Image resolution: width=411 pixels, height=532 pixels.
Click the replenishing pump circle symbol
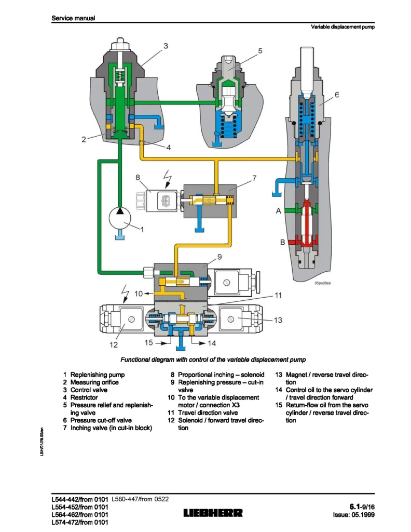point(119,217)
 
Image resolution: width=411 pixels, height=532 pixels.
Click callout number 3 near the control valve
point(166,46)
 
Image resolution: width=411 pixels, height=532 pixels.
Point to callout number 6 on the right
point(336,95)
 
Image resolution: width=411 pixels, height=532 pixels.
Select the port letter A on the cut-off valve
point(278,211)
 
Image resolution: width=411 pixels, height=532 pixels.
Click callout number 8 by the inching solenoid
point(138,177)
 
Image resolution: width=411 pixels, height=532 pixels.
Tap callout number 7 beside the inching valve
point(254,178)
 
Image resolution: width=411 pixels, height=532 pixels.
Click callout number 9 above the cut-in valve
point(220,257)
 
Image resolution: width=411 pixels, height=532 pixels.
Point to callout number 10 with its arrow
point(138,294)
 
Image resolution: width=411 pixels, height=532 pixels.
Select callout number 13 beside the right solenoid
point(278,320)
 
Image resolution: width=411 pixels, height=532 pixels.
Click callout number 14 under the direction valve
point(211,343)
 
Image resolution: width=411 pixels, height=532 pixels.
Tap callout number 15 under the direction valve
point(149,343)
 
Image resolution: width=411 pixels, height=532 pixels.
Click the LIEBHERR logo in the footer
point(213,513)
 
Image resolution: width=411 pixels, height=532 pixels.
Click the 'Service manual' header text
point(73,18)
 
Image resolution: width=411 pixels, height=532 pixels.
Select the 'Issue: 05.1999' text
point(353,515)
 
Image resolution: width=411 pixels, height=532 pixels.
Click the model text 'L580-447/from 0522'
point(140,499)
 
